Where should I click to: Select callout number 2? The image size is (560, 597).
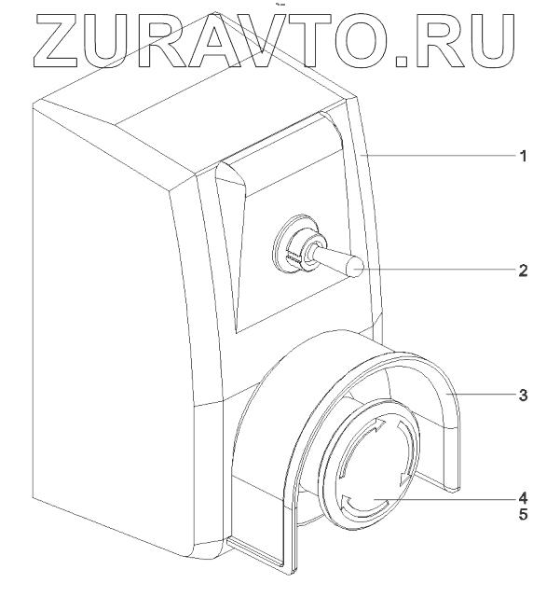click(524, 271)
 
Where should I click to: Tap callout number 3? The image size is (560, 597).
click(524, 395)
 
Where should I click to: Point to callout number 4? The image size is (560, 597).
click(524, 496)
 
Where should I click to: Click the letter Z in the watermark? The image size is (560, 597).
click(58, 39)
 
